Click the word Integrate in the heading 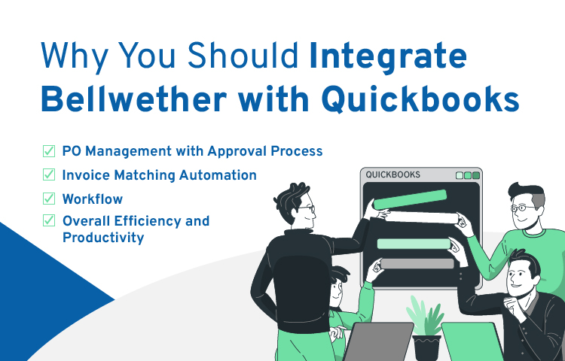tap(388, 57)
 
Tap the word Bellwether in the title tap(133, 99)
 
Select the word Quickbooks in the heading tap(420, 99)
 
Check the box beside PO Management tap(49, 151)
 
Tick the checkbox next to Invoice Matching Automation tap(49, 174)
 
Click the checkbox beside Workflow tap(49, 199)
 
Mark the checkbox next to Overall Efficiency tap(49, 220)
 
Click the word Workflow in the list tap(93, 199)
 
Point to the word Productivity tap(103, 238)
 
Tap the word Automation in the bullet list tap(218, 175)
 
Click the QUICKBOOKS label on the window tap(392, 174)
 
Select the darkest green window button tap(476, 175)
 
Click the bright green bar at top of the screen tap(410, 199)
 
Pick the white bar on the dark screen tap(423, 217)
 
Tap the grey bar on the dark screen tap(417, 263)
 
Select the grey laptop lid tap(378, 341)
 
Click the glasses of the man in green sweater tap(524, 208)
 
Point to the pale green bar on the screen tap(414, 244)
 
